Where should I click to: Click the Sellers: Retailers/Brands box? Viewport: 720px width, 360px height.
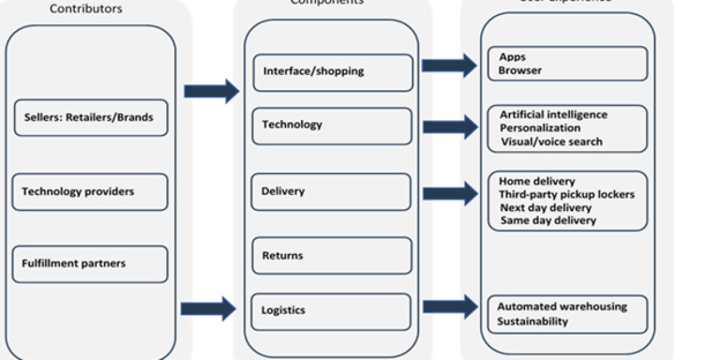point(91,118)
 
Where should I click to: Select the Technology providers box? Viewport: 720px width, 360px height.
point(89,192)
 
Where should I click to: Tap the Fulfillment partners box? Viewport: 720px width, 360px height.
point(89,264)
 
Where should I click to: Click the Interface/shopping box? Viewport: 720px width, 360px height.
point(332,73)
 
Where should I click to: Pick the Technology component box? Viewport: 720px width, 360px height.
point(332,126)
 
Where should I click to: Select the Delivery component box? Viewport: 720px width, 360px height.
point(331,192)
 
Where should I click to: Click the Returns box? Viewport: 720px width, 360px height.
point(331,256)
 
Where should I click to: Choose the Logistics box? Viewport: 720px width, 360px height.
point(331,311)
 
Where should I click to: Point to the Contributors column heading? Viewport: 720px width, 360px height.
point(86,9)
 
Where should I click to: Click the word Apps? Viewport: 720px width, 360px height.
point(512,57)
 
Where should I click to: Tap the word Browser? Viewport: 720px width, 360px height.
point(520,70)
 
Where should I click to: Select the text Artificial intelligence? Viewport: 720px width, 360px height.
point(553,115)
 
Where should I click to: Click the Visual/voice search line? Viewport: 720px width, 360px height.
point(551,142)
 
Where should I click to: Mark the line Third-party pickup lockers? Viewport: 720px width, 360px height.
point(566,194)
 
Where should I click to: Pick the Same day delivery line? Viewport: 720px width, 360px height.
point(548,220)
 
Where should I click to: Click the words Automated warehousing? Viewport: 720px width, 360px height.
point(562,307)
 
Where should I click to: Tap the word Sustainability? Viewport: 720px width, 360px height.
point(532,321)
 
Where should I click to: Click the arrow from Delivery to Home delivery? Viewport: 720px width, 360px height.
point(449,193)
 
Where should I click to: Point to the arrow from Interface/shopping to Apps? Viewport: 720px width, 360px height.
point(449,65)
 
